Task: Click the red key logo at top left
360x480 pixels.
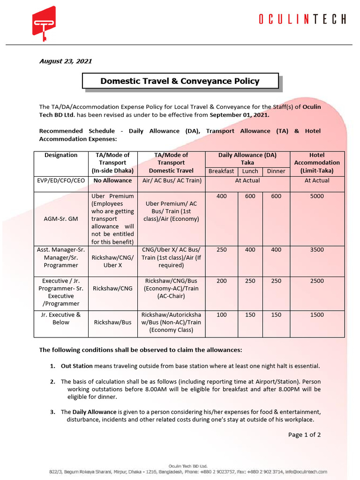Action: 44,21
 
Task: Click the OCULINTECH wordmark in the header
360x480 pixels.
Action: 302,19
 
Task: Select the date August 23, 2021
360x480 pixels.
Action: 65,61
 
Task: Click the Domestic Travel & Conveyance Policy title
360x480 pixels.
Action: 180,81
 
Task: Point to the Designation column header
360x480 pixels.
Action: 61,155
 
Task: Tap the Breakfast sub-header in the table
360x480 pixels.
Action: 221,171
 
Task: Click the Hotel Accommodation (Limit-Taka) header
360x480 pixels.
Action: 317,163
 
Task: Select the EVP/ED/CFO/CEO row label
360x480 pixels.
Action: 61,180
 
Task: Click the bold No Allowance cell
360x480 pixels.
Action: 112,180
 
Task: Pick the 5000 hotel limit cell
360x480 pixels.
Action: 317,196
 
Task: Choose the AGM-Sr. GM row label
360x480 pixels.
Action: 61,219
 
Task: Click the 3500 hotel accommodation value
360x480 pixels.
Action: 317,250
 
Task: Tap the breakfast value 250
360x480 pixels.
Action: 221,250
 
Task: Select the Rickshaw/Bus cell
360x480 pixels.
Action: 112,322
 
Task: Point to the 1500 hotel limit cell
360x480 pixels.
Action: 317,315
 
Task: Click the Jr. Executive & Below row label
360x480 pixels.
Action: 61,319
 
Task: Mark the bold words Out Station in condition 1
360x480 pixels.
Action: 77,366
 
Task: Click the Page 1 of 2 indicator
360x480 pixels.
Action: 304,435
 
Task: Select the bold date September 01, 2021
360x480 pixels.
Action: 240,114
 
